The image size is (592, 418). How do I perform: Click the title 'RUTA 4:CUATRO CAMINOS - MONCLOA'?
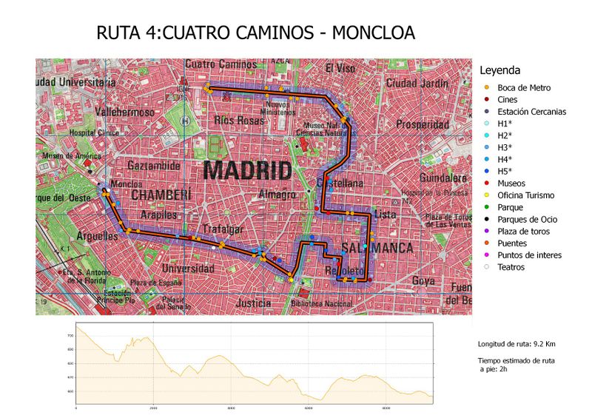pos(255,33)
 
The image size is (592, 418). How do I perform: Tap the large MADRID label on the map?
pos(247,170)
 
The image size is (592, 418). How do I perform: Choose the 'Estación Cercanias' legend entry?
pos(531,112)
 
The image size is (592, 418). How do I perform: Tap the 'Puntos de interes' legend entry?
pos(528,255)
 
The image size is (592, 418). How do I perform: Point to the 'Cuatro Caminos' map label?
pos(221,64)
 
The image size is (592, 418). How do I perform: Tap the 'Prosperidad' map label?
pos(422,124)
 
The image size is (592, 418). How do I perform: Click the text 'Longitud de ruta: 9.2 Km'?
pos(517,344)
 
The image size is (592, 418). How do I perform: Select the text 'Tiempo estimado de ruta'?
pos(517,360)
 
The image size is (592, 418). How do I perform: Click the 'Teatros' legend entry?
pos(511,267)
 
